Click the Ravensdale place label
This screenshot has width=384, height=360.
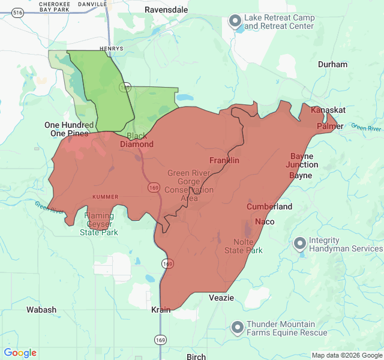tap(166, 10)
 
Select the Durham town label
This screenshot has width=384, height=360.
tap(332, 64)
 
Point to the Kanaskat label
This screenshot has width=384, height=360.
tap(328, 110)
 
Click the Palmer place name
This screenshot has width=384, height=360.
tap(329, 127)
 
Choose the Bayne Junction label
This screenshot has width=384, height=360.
tap(302, 160)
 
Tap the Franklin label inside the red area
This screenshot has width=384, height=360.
tap(224, 160)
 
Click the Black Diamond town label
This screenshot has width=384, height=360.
tap(137, 140)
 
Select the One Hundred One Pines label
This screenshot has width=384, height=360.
tap(69, 129)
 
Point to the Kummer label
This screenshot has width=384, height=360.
tap(105, 197)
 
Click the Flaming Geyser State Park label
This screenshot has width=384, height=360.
tap(99, 224)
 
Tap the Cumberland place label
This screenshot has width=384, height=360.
tap(269, 206)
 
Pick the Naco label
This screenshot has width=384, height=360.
tap(265, 222)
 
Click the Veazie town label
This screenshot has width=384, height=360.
tap(221, 298)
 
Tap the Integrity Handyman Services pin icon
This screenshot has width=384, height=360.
tap(299, 244)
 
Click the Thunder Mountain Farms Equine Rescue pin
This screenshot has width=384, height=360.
tap(238, 328)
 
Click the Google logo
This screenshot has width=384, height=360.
tap(20, 353)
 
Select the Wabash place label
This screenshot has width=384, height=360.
tap(41, 310)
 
